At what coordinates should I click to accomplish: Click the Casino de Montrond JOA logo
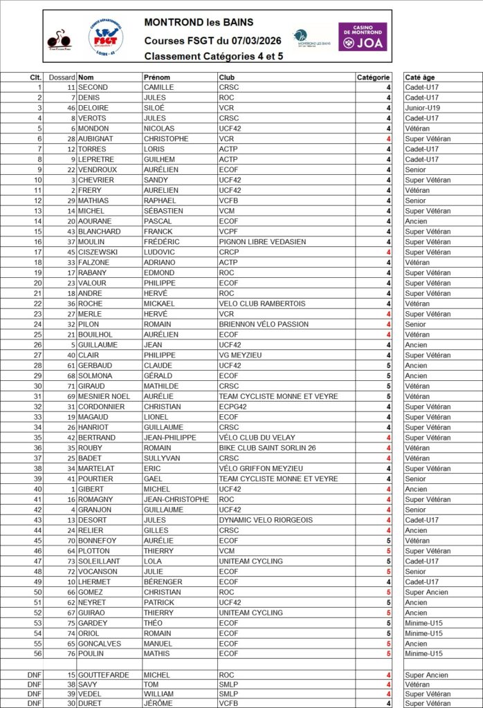pos(363,36)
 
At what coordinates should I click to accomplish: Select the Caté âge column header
pos(420,77)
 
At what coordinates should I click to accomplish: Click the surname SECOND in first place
pos(93,87)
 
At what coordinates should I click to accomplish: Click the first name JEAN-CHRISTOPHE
pos(176,499)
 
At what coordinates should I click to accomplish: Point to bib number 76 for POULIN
pos(71,653)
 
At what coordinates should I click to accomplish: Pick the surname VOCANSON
pos(99,572)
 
